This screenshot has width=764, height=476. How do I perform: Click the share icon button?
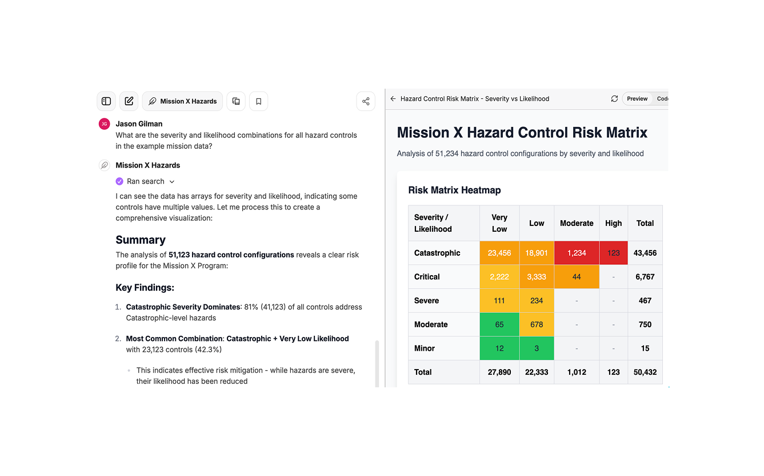[366, 101]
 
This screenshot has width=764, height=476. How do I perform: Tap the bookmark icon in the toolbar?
[258, 101]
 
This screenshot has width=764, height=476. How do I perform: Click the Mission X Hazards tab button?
[182, 101]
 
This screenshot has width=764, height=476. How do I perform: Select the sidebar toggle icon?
[106, 101]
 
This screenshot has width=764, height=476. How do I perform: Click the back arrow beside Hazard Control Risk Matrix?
[393, 99]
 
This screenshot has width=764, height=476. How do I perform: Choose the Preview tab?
[637, 99]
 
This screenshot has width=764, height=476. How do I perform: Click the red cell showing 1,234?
[576, 253]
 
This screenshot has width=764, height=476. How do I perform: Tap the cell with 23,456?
[499, 253]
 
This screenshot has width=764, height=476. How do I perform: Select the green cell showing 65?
[499, 324]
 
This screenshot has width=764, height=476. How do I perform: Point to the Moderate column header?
[576, 223]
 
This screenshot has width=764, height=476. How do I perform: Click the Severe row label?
[427, 300]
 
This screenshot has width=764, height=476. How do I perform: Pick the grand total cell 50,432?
[645, 372]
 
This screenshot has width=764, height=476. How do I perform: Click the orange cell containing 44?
[576, 277]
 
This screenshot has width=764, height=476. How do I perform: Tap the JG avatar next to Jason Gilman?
[104, 124]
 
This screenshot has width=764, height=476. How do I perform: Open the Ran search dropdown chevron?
[172, 182]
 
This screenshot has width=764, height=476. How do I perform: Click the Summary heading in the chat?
[141, 240]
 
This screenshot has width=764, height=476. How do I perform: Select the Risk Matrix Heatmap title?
[454, 190]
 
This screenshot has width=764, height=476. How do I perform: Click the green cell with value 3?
[536, 348]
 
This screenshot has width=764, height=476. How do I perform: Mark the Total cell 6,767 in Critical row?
[645, 277]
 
